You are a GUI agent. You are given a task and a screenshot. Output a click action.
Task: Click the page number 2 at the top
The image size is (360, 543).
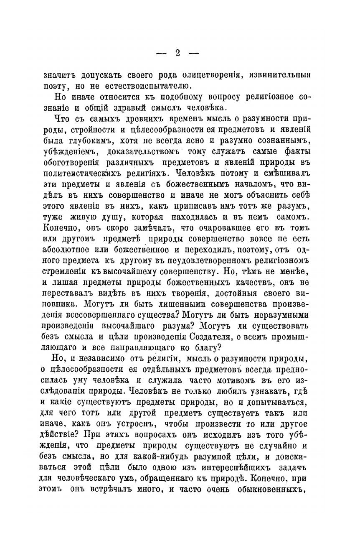tap(177, 54)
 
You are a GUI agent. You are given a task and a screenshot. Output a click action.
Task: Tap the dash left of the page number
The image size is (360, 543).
tap(161, 54)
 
